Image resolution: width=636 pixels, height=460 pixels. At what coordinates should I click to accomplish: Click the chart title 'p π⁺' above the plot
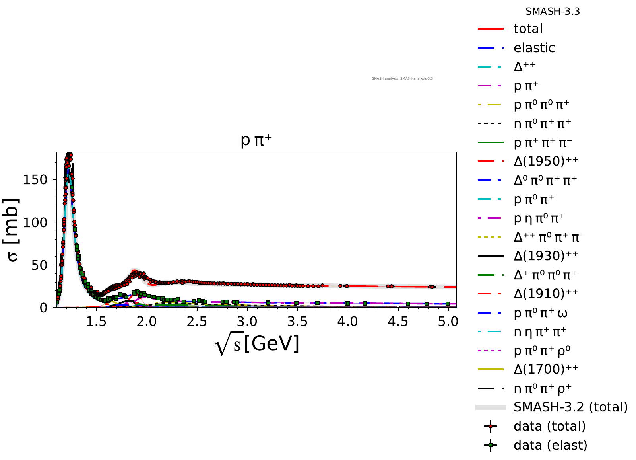tap(256, 141)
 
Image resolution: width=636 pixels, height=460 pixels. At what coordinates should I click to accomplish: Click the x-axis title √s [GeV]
tap(257, 344)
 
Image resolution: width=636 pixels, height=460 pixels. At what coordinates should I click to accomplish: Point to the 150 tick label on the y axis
tap(35, 180)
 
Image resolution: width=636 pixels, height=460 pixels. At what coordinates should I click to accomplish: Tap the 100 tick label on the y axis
tap(35, 222)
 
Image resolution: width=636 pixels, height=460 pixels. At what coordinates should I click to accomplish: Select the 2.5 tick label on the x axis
tap(197, 322)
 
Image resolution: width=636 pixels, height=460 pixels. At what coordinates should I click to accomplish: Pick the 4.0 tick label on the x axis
tap(348, 322)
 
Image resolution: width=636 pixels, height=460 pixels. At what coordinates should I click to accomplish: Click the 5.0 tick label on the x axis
tap(448, 322)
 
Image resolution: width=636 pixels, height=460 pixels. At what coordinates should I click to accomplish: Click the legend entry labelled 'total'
tap(528, 29)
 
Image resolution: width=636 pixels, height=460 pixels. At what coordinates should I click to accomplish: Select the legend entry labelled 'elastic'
tap(534, 48)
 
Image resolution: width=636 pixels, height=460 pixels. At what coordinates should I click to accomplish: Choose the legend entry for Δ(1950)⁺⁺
tap(546, 161)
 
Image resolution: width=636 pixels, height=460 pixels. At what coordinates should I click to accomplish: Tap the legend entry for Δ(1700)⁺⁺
tap(546, 369)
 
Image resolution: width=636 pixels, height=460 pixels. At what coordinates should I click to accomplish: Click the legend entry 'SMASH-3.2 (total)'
tap(570, 407)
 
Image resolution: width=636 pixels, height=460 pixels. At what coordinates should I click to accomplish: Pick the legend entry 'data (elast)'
tap(550, 445)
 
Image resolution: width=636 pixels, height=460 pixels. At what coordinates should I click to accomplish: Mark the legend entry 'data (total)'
tap(549, 426)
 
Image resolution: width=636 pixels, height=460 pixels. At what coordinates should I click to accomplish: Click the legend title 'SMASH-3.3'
tap(553, 12)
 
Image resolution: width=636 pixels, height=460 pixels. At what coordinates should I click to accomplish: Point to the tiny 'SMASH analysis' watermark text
tap(402, 78)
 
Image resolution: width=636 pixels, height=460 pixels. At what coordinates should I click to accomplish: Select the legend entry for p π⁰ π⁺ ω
tap(540, 313)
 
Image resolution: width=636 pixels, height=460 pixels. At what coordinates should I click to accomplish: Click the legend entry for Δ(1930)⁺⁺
tap(546, 256)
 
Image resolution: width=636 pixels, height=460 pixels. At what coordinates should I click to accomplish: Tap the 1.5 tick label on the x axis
tap(97, 322)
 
